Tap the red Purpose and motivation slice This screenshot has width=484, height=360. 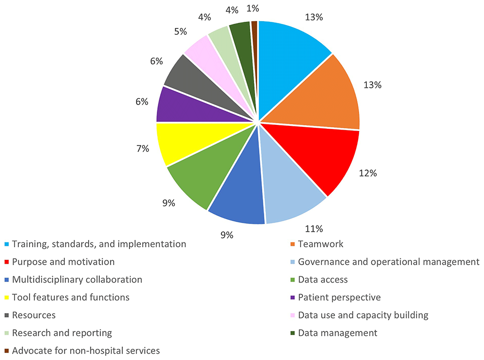(x=319, y=155)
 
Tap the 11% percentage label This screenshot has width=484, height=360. (x=314, y=229)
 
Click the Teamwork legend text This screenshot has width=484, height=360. (x=321, y=244)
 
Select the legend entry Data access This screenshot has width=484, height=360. (x=323, y=279)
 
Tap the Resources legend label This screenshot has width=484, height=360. (x=34, y=315)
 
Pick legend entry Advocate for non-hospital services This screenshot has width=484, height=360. (x=86, y=350)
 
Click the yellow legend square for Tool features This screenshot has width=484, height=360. (x=6, y=298)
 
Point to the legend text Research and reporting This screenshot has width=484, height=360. (x=62, y=333)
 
